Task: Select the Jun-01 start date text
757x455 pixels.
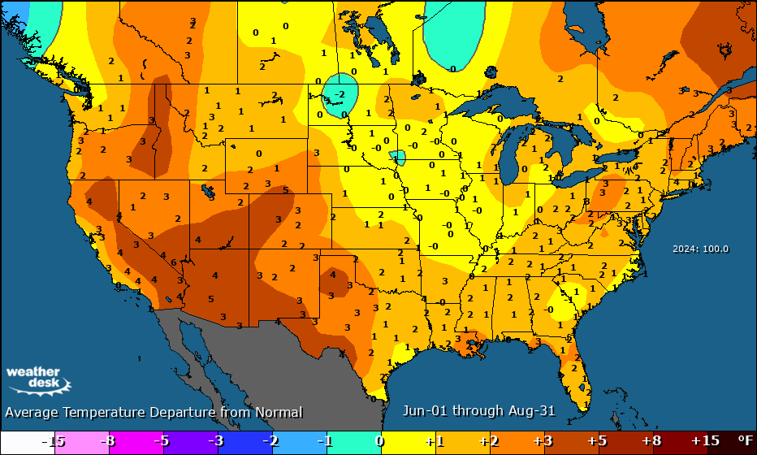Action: (x=426, y=411)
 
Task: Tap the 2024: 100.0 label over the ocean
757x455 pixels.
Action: (x=700, y=249)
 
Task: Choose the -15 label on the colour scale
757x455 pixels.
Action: (x=53, y=440)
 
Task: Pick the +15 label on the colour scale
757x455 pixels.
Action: (x=704, y=440)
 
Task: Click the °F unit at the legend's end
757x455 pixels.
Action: (x=745, y=440)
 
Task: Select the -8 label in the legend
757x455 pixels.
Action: (x=106, y=440)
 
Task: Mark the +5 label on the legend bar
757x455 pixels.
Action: (x=597, y=440)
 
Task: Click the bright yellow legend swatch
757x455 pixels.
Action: (x=406, y=440)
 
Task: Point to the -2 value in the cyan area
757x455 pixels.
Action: (x=340, y=94)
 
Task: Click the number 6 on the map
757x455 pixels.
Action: (x=174, y=262)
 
